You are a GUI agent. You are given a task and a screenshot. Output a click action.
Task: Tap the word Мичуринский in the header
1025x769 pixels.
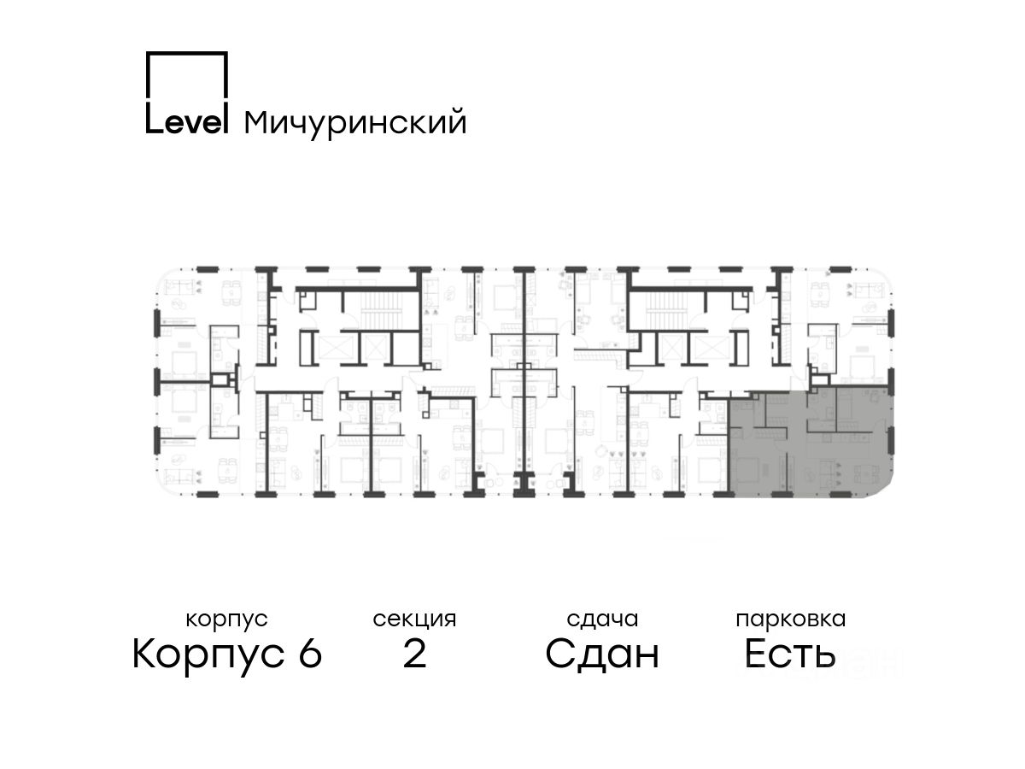[x=355, y=123]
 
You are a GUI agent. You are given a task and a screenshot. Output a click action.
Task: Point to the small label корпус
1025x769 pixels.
[x=226, y=619]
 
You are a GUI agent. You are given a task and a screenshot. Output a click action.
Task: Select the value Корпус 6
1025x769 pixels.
[x=227, y=655]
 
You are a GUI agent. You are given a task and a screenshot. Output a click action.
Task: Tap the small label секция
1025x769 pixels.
[x=414, y=619]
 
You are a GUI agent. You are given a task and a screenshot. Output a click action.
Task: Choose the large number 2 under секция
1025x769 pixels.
[x=414, y=655]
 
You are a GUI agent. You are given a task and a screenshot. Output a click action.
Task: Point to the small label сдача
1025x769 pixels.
[x=602, y=619]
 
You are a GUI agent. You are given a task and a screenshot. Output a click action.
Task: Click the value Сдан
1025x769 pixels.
[x=602, y=655]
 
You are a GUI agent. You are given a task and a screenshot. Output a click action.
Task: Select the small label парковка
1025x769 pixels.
[x=790, y=619]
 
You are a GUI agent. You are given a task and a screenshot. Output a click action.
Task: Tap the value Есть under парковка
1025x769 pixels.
[x=789, y=655]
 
